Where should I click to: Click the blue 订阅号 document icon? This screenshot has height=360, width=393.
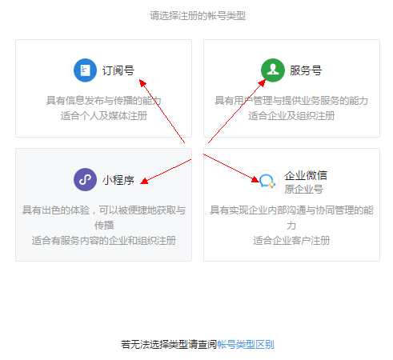pos(85,70)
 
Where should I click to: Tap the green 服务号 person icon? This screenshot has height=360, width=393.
pos(273,70)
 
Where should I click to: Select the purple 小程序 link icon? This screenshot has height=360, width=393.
pos(85,179)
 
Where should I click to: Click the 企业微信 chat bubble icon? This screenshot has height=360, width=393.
pos(267,181)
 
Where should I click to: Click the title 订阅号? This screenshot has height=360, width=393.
pos(118,70)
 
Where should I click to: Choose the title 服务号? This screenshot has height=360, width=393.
pos(306,70)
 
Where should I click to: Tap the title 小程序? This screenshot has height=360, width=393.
pos(118,180)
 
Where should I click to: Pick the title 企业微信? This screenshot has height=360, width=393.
pos(306,175)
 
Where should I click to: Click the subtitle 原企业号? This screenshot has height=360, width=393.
pos(303,190)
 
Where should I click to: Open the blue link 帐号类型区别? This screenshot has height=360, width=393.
pos(246,345)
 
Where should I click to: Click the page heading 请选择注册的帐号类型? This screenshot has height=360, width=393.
pos(198,16)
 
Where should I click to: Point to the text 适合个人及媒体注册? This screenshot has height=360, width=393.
pos(104,116)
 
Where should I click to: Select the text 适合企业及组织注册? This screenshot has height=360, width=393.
pos(291,116)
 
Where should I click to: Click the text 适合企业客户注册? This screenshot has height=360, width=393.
pos(291,241)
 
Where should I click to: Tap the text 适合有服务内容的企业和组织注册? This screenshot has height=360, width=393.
pos(104,241)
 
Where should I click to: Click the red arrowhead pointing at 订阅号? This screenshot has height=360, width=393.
pos(142,82)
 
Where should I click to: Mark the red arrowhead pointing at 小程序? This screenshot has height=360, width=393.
pos(144,182)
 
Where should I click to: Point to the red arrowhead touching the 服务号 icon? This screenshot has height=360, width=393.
pos(263,82)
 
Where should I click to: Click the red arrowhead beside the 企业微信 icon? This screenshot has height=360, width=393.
pos(255,179)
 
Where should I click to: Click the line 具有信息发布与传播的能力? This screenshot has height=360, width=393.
pos(104,101)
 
